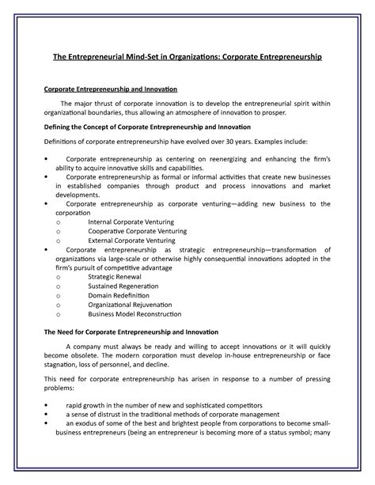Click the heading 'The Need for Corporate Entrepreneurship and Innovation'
135,332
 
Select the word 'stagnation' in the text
62,366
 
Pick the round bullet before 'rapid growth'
46,404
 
